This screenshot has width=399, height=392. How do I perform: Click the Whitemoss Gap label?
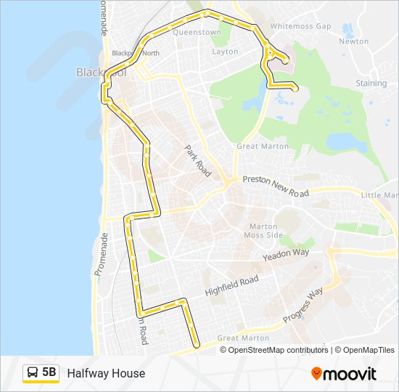pyautogui.click(x=300, y=26)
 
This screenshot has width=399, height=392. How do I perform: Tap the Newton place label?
pyautogui.click(x=354, y=41)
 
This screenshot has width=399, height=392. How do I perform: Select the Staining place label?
pyautogui.click(x=371, y=83)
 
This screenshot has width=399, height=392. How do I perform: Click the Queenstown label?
pyautogui.click(x=197, y=33)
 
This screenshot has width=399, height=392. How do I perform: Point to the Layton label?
pyautogui.click(x=225, y=52)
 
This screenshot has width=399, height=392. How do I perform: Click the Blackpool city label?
pyautogui.click(x=99, y=73)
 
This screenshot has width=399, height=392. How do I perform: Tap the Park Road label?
pyautogui.click(x=197, y=158)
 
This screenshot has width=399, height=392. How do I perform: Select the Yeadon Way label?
pyautogui.click(x=286, y=253)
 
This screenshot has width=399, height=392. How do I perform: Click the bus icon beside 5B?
pyautogui.click(x=33, y=373)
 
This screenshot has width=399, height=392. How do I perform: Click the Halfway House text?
pyautogui.click(x=106, y=373)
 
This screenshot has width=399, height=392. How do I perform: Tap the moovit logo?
pyautogui.click(x=344, y=374)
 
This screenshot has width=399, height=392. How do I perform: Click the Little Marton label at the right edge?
pyautogui.click(x=380, y=195)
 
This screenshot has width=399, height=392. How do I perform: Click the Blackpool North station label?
pyautogui.click(x=136, y=53)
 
